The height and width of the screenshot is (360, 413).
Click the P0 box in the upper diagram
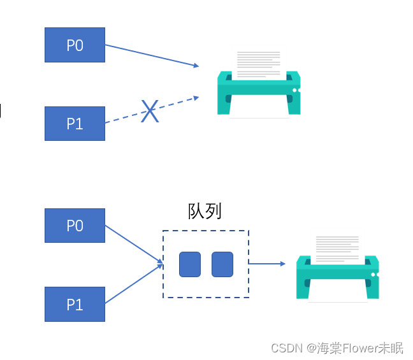tap(75, 45)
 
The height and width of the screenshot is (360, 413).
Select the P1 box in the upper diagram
tap(75, 123)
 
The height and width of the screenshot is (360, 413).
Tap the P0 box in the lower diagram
tap(75, 226)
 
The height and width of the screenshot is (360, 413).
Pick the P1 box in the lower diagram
tap(75, 304)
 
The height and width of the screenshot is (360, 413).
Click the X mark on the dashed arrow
tap(149, 112)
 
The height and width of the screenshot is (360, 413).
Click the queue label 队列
tap(205, 212)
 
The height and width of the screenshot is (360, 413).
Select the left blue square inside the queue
tap(190, 264)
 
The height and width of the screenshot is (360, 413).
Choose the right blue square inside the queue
tap(222, 264)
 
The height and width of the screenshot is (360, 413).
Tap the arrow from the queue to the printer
tap(266, 263)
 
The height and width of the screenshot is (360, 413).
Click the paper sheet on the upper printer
tap(258, 64)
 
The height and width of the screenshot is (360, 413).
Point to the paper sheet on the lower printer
tap(337, 248)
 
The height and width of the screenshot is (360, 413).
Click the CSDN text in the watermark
tap(286, 348)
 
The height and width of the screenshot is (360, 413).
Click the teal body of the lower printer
tap(337, 274)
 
